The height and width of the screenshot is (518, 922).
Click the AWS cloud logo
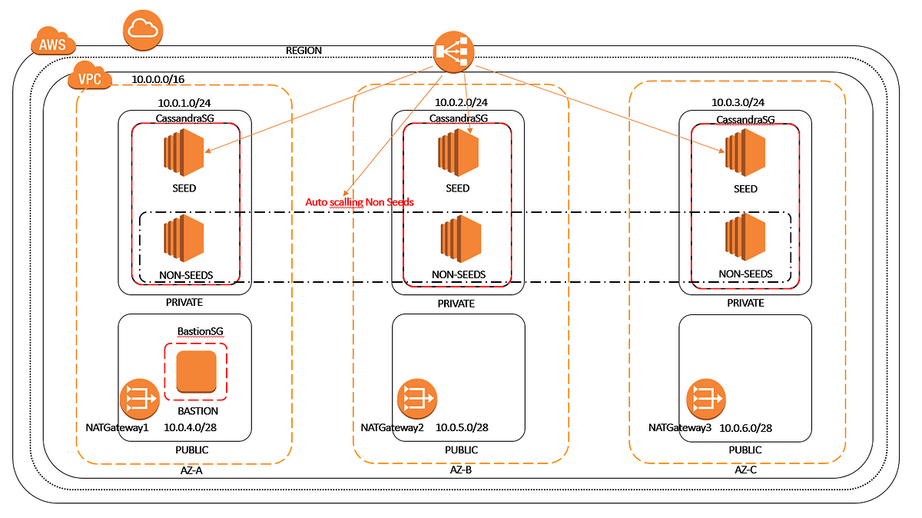tap(53, 41)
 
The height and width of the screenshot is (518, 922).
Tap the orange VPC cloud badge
tap(90, 75)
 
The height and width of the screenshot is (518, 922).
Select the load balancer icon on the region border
tap(453, 52)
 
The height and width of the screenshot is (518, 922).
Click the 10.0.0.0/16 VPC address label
tap(158, 79)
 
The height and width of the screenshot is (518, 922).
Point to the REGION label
tap(303, 50)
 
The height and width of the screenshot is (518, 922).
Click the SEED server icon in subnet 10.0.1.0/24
tap(184, 152)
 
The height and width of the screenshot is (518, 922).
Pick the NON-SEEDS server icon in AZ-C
tap(745, 237)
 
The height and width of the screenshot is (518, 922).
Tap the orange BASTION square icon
tap(197, 371)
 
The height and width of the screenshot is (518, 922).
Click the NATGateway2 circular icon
tap(417, 399)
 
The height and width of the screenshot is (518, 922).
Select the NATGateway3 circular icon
tap(706, 399)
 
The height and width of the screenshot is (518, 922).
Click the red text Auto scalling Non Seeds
tap(360, 202)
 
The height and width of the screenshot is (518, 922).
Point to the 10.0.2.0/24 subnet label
tap(462, 102)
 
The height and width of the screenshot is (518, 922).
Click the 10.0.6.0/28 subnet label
tap(745, 428)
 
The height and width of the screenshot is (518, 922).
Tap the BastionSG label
tap(201, 331)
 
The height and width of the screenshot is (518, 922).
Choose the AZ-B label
tap(460, 470)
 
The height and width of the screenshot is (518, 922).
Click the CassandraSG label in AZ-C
tap(745, 119)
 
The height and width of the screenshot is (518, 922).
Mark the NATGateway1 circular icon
tap(140, 399)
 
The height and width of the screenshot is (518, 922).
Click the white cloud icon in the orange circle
tap(143, 30)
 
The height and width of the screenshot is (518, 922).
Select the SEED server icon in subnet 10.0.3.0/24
tap(745, 152)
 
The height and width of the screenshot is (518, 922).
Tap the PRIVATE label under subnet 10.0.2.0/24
tap(456, 304)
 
